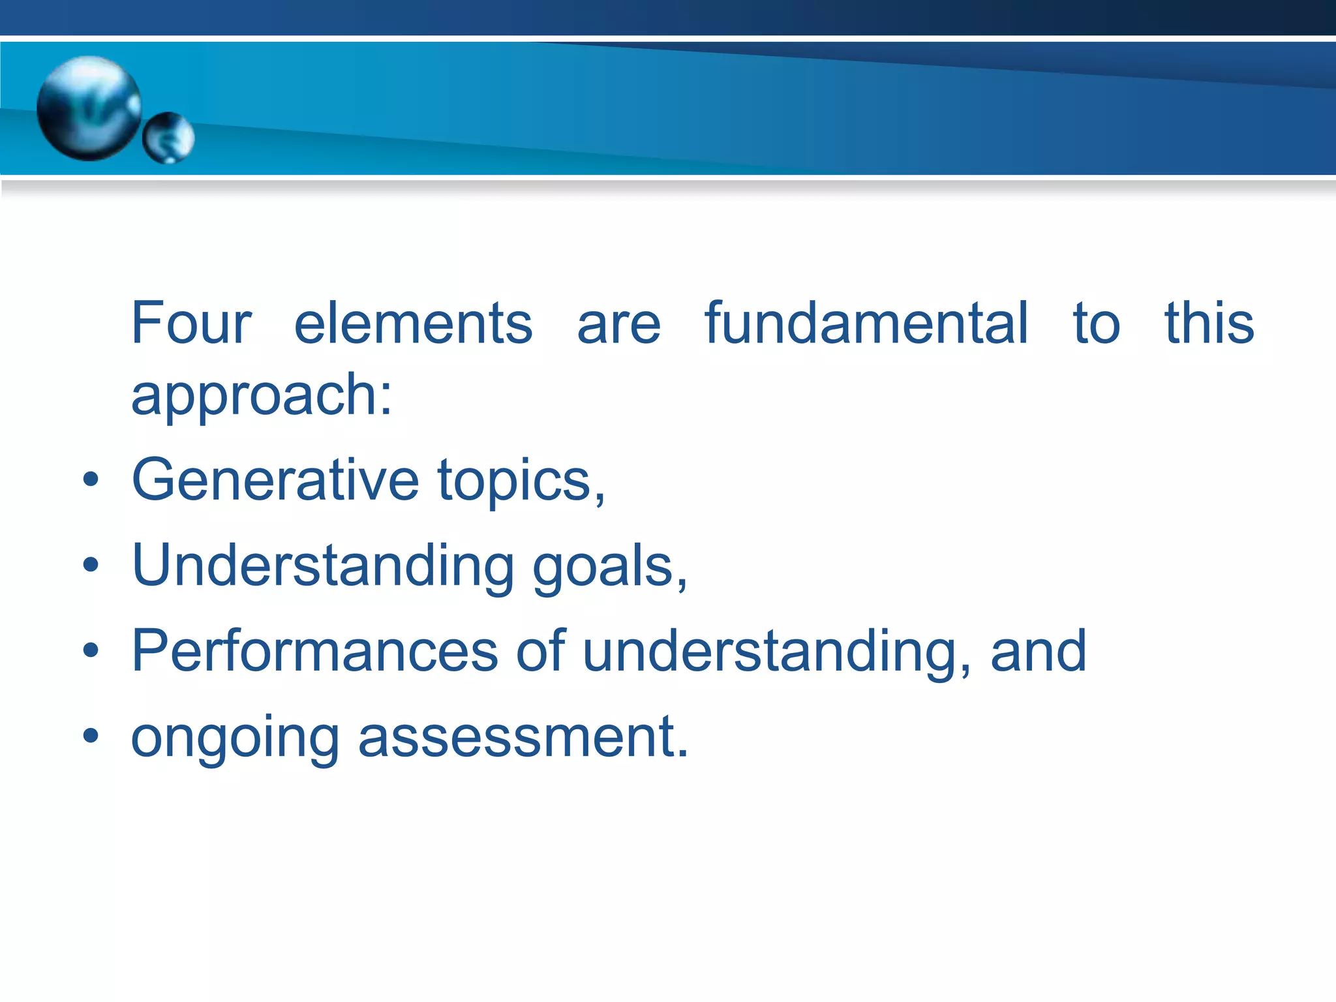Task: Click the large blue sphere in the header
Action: point(89,108)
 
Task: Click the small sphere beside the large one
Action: point(168,138)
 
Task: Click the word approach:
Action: point(262,396)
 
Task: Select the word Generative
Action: point(275,480)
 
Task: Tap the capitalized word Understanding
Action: point(323,566)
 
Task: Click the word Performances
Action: point(314,651)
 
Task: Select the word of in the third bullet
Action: point(541,650)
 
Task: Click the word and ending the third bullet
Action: point(1039,650)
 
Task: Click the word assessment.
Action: point(523,737)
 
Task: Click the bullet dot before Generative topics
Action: point(91,480)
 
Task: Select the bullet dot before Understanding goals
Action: point(91,565)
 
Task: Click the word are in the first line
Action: point(618,324)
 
